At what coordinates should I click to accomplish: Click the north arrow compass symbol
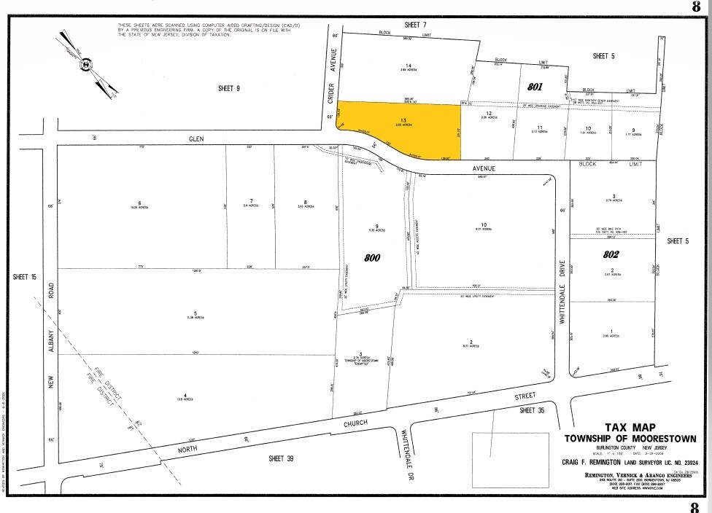[87, 64]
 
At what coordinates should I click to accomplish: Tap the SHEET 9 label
[228, 88]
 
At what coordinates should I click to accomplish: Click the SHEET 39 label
[268, 457]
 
